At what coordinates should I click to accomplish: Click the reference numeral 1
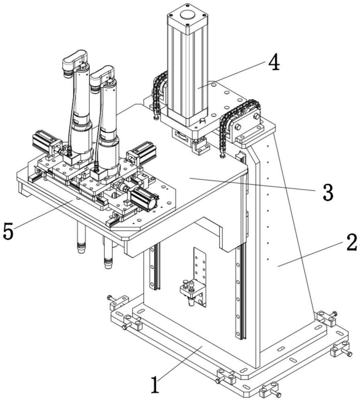(155, 383)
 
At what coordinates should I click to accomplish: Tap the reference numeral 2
(351, 243)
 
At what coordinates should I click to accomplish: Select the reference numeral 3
(327, 193)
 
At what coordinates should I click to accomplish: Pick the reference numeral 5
(9, 231)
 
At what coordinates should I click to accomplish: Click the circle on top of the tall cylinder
(187, 16)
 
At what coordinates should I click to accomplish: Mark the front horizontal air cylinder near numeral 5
(143, 198)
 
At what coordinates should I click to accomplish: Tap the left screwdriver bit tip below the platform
(81, 249)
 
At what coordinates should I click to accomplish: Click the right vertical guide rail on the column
(240, 293)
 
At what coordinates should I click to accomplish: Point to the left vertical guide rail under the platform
(154, 267)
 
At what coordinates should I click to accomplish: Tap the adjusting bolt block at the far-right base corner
(340, 350)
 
